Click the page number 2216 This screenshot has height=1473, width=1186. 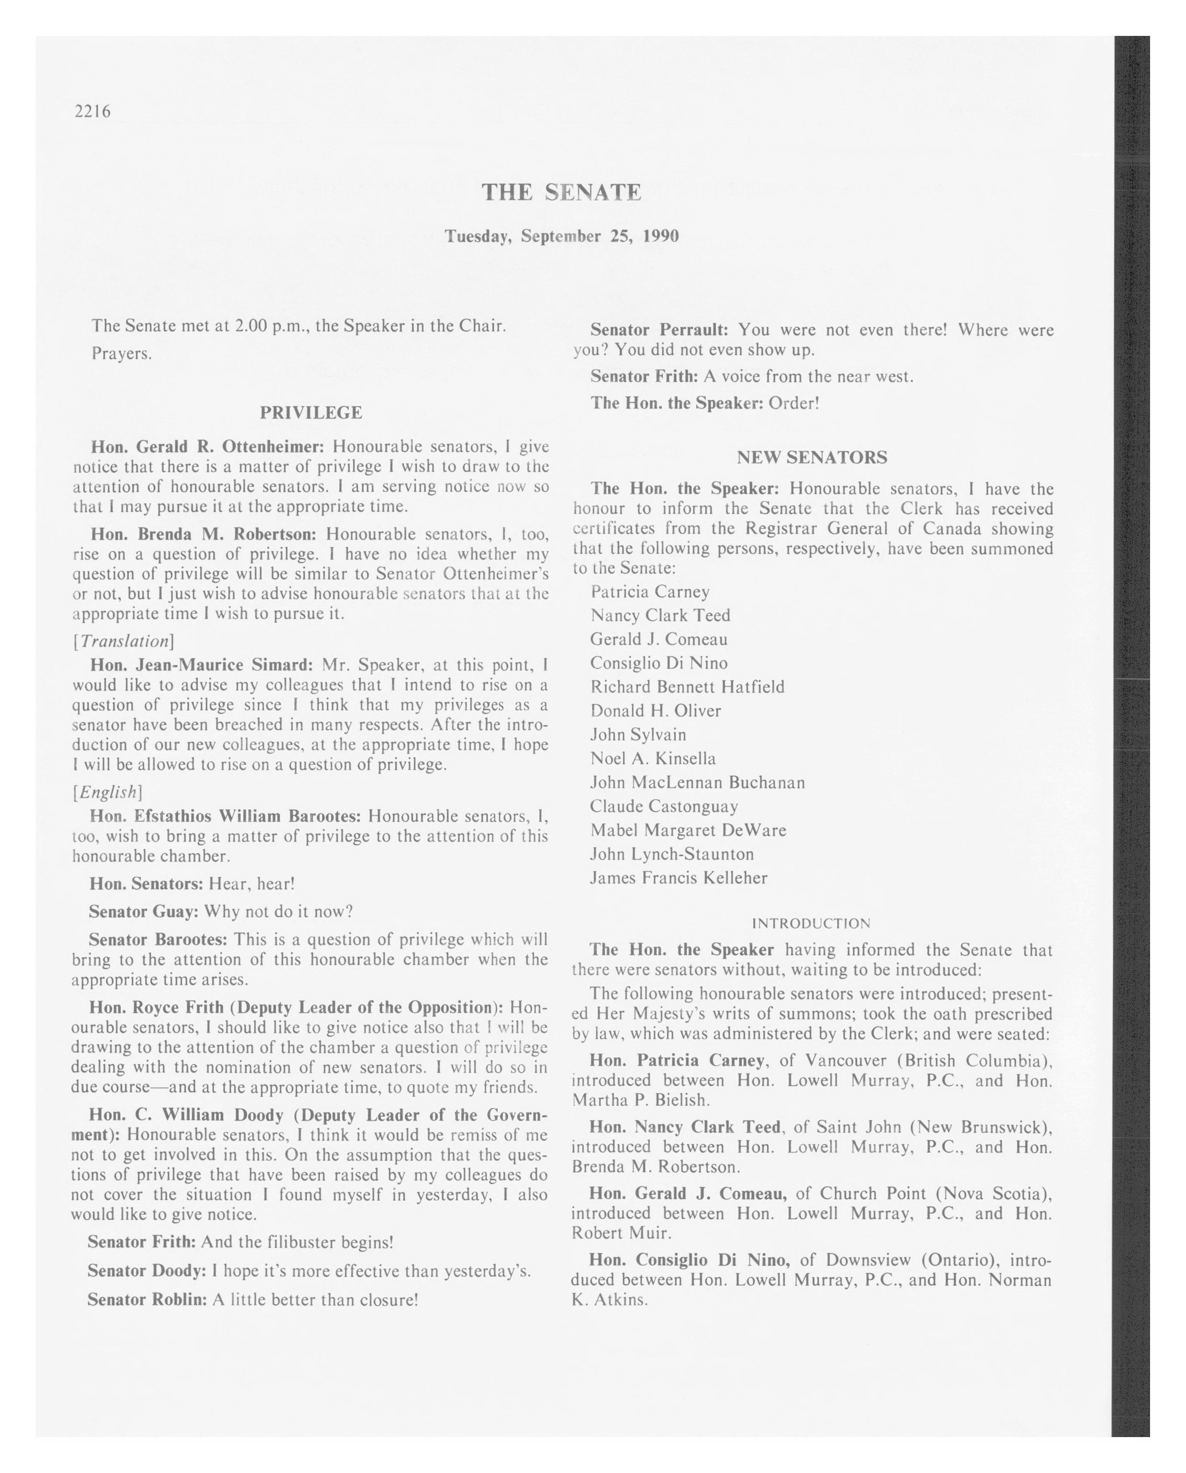[x=92, y=111]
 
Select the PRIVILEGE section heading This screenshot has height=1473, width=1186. [x=311, y=413]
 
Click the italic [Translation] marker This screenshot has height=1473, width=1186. [x=124, y=641]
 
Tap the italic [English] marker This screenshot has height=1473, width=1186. [x=107, y=792]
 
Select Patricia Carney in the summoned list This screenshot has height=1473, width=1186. [x=650, y=592]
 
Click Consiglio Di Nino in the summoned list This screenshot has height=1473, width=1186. [x=659, y=663]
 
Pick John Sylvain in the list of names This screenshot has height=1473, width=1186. [x=638, y=735]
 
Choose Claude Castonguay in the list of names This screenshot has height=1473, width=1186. [x=664, y=807]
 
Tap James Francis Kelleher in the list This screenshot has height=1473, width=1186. [x=679, y=878]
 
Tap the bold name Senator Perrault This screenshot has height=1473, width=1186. [x=659, y=330]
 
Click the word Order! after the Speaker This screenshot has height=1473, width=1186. [x=794, y=403]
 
